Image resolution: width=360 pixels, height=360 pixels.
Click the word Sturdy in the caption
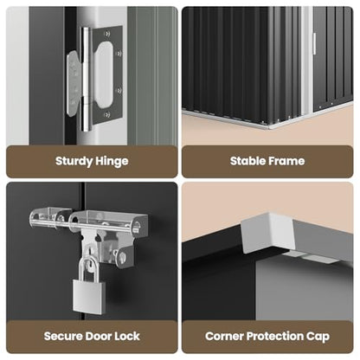click(74, 161)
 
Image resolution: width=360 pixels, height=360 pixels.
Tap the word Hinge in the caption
click(112, 161)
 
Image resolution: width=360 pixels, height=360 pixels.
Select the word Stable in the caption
click(247, 161)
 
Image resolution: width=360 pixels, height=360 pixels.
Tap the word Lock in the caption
click(127, 336)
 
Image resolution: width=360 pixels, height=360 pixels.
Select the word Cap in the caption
click(318, 337)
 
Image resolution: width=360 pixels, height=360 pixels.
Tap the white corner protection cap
click(267, 232)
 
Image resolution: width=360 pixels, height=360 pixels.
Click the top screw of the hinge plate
click(107, 34)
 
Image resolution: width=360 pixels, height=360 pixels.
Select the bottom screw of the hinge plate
click(106, 115)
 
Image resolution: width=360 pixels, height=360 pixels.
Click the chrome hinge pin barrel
click(85, 79)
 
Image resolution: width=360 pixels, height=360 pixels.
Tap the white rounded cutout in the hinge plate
click(103, 74)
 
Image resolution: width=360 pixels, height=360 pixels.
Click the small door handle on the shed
click(314, 43)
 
